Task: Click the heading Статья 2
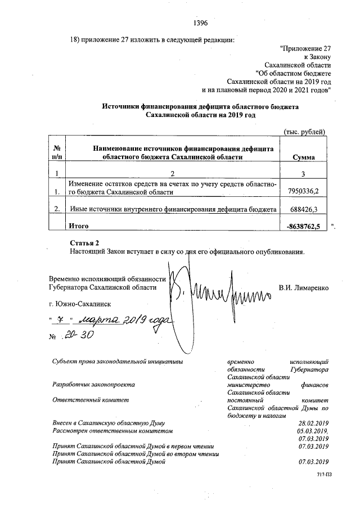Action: (83, 242)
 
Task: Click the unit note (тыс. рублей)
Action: (304, 132)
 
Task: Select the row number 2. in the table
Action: (56, 209)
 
